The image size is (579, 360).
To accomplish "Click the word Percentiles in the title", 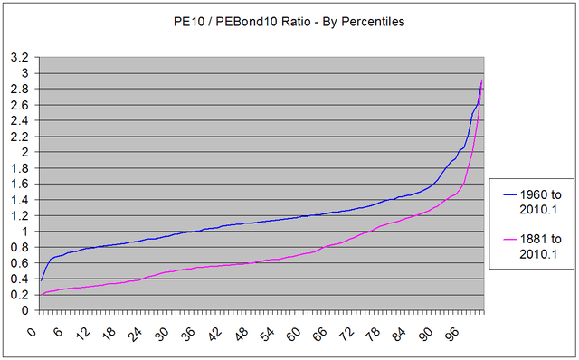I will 370,21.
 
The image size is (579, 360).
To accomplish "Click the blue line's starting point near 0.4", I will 41,279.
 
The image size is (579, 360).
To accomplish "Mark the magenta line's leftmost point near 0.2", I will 41,294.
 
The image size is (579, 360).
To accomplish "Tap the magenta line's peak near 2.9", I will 482,80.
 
